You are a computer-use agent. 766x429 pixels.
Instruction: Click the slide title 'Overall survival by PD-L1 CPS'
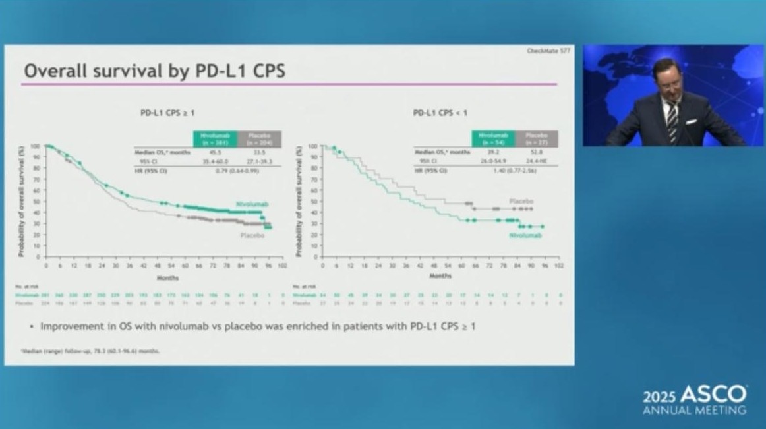click(x=154, y=71)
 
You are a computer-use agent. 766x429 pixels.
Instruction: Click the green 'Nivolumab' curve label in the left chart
click(x=247, y=205)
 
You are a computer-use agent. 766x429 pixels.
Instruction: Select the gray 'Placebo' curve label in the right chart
click(x=521, y=200)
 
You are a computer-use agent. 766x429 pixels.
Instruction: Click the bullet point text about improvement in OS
click(x=258, y=326)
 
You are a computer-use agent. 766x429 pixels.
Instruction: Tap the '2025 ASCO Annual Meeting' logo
click(x=695, y=400)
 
